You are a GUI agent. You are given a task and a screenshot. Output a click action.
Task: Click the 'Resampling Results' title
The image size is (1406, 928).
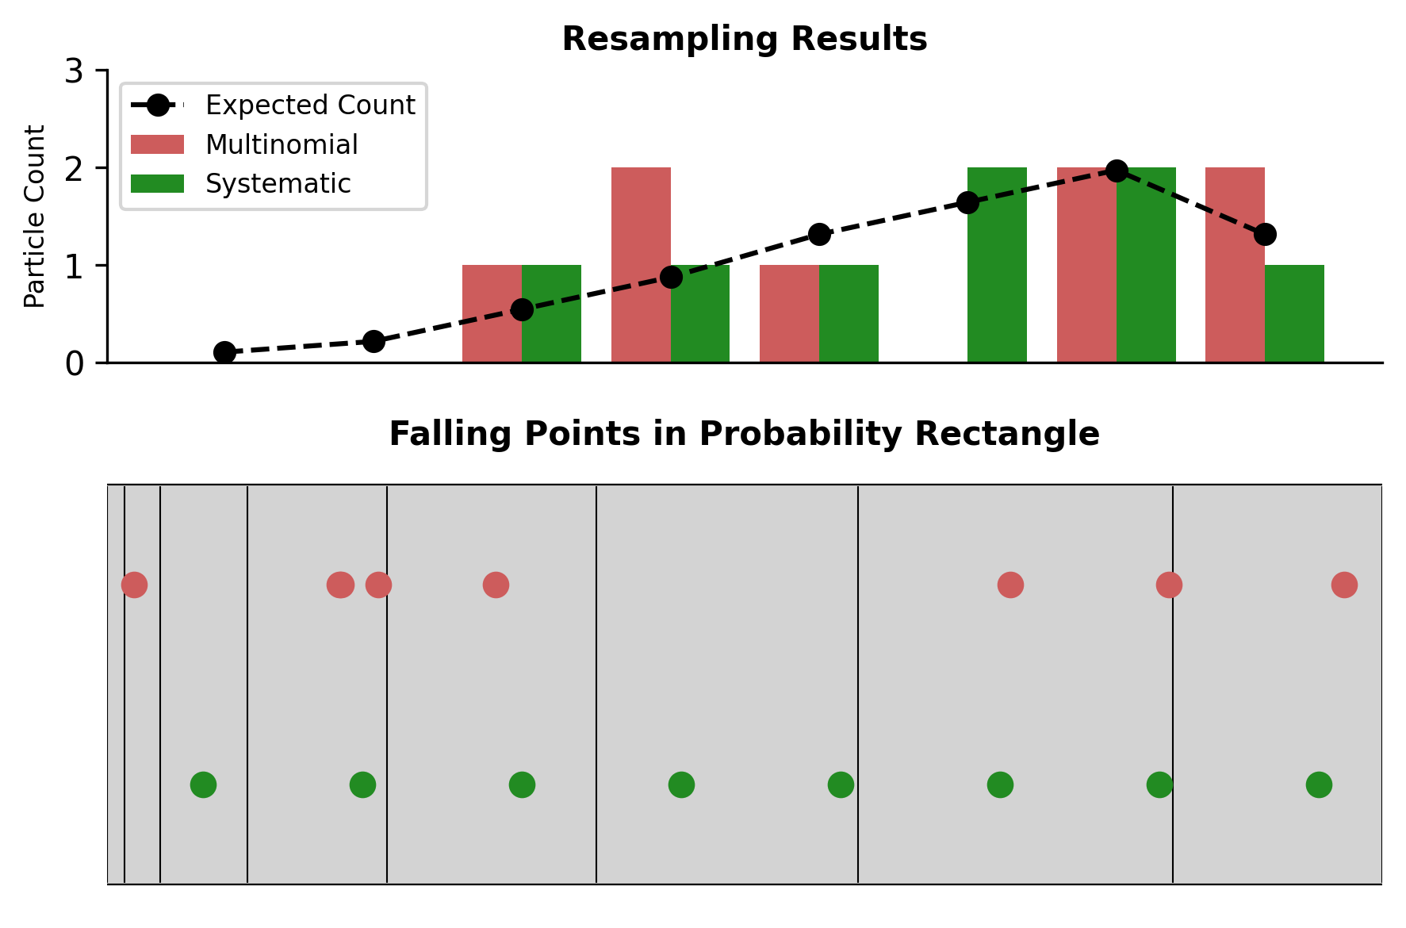744,39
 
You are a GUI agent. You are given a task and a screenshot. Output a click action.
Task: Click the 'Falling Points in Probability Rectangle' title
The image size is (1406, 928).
744,434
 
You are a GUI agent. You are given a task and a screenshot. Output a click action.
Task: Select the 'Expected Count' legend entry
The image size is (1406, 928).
309,105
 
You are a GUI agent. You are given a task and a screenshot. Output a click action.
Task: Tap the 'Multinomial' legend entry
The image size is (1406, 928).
282,144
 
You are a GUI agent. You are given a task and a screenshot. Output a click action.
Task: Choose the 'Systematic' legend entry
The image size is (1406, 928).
278,183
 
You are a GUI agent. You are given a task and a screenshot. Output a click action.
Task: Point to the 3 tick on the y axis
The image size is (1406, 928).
74,71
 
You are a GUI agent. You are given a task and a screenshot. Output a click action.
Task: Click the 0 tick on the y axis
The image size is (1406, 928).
74,363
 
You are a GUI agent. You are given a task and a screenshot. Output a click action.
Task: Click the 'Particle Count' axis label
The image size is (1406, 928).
35,216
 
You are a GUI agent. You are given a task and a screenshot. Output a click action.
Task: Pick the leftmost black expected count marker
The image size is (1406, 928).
224,352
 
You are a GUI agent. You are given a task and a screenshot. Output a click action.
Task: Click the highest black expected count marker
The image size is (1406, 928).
1117,171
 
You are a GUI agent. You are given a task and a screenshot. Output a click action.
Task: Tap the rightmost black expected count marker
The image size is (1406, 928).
1265,234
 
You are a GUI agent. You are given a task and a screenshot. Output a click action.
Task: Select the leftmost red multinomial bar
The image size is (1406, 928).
492,313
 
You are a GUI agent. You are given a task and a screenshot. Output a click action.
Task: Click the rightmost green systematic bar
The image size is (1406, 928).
1294,313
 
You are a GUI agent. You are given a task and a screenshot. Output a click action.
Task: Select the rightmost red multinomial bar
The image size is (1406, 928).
1235,265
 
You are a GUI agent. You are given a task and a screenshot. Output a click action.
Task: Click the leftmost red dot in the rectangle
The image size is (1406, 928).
134,585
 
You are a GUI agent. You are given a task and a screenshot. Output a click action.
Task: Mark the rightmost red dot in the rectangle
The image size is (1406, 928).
1344,585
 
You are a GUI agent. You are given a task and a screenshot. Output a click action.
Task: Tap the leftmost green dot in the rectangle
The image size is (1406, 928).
203,785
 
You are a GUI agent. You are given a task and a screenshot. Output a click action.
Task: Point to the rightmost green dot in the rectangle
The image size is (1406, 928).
1319,785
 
